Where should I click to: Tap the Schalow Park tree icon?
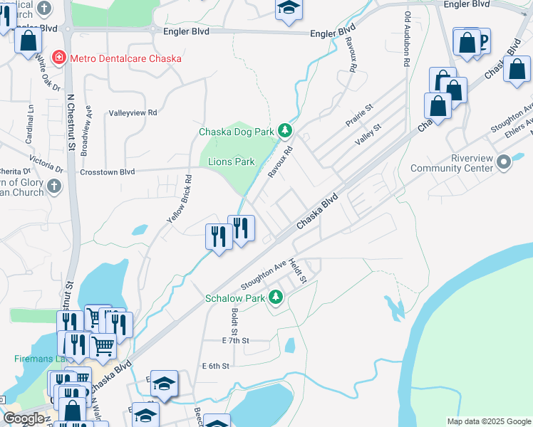(x=275, y=298)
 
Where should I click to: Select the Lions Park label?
(x=231, y=162)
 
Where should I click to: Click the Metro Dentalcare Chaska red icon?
(x=58, y=58)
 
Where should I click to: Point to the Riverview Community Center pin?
(x=504, y=163)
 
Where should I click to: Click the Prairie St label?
(x=359, y=115)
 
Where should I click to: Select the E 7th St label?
(x=235, y=341)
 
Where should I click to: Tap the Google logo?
(x=24, y=418)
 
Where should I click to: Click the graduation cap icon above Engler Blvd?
(x=289, y=8)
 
